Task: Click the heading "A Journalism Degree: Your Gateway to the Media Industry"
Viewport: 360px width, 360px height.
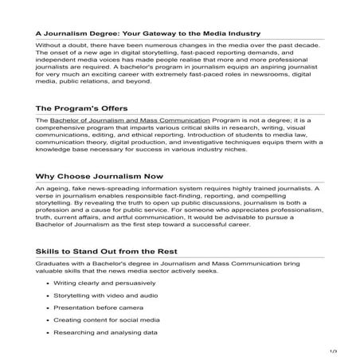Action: point(148,34)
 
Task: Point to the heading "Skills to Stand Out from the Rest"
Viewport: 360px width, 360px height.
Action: point(115,251)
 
